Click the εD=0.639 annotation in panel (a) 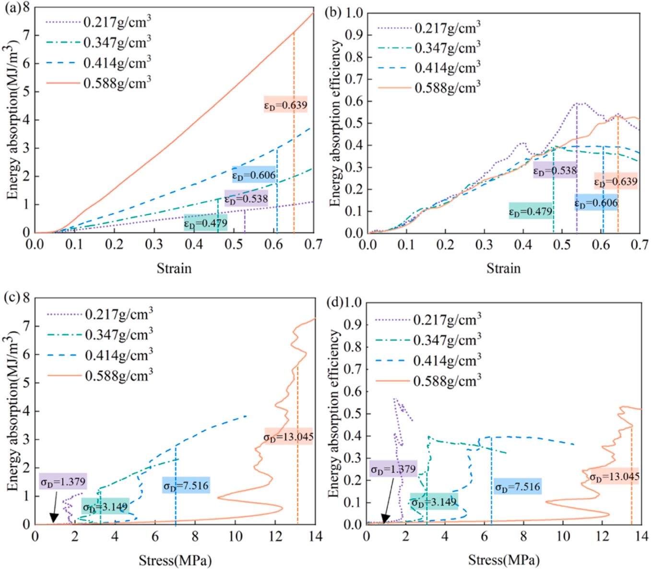coord(285,105)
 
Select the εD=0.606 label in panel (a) coord(254,175)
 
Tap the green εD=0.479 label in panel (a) coord(205,223)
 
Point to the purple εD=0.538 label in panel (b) coord(555,170)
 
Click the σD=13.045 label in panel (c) coord(288,437)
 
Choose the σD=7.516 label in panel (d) coord(518,487)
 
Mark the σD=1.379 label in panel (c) coord(63,482)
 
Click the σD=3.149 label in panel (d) coord(434,502)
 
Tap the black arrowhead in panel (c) coord(54,518)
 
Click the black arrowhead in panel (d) coord(385,518)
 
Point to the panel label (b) coord(332,12)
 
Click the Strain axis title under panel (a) coord(174,268)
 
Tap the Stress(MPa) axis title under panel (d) coord(504,560)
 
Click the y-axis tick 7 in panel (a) coord(26,35)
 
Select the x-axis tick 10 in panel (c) coord(236,536)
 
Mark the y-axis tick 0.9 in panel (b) coord(354,35)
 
